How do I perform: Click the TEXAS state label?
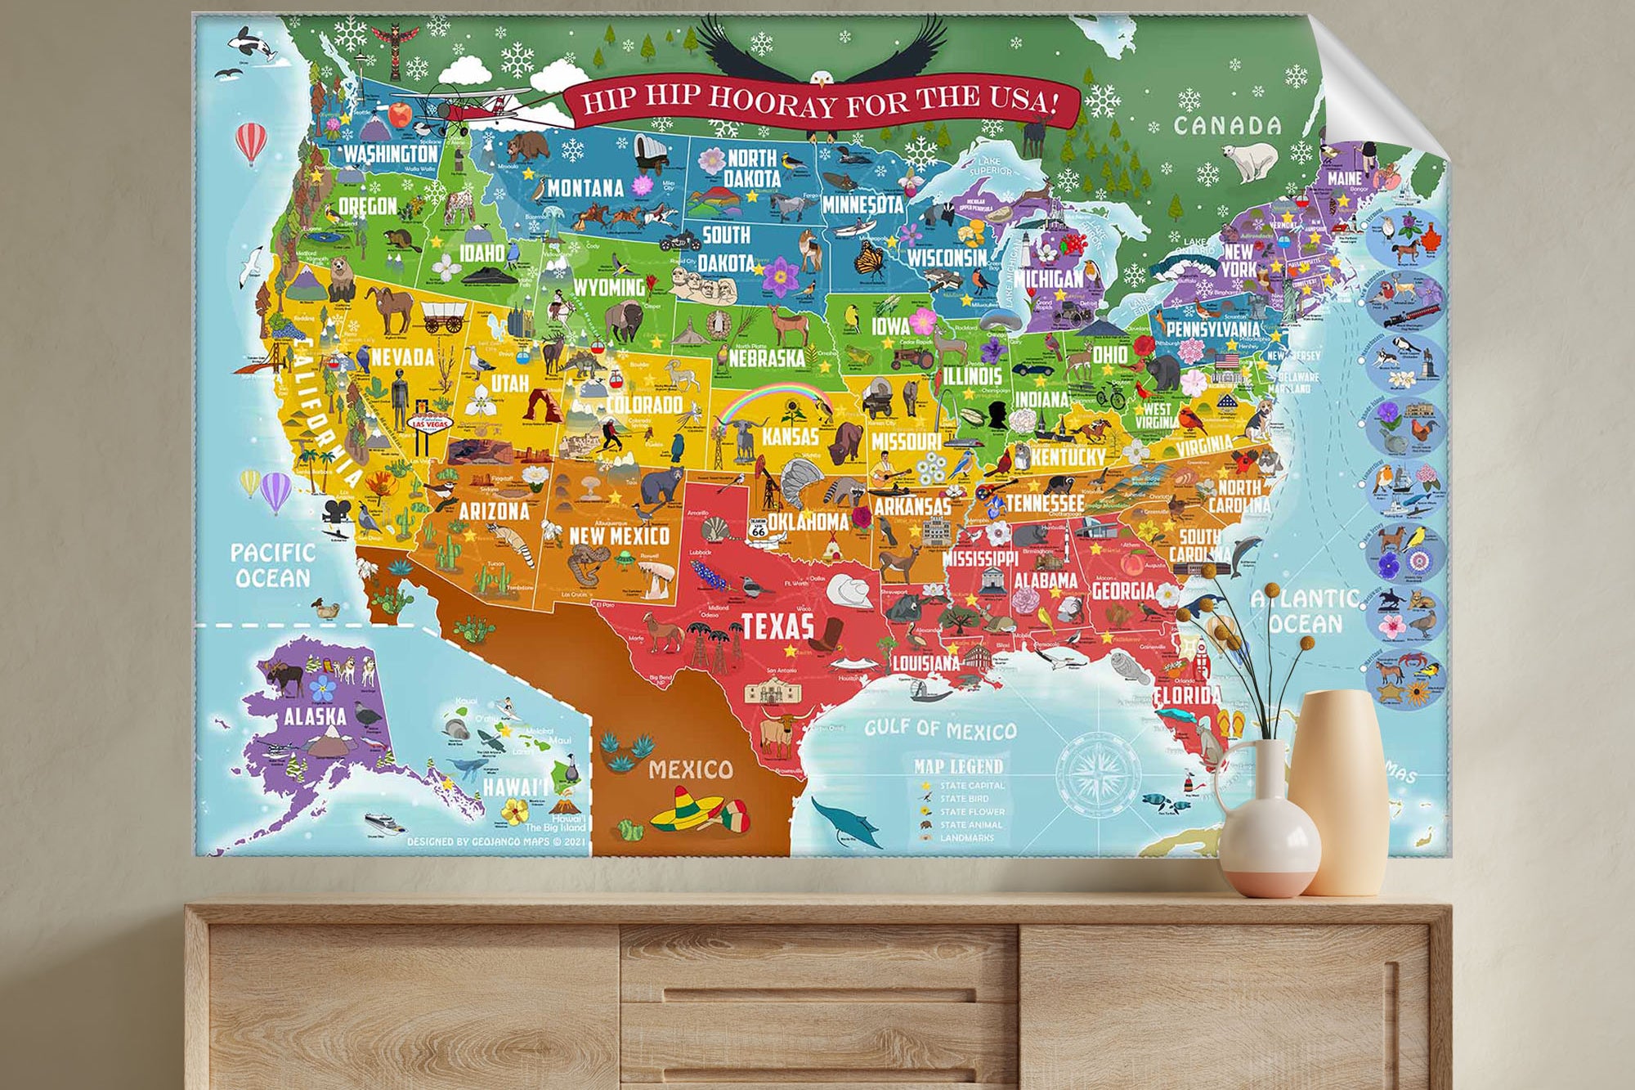pos(777,626)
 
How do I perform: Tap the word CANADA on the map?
pos(1227,126)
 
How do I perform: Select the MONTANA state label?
pos(585,189)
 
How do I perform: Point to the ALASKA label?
pos(315,717)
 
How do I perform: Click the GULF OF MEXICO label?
pos(940,729)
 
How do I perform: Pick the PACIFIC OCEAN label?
pos(272,565)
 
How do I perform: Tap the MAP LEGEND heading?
pos(958,766)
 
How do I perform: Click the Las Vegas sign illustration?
pos(429,424)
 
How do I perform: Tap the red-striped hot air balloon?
pos(251,143)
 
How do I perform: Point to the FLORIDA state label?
pos(1187,697)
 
